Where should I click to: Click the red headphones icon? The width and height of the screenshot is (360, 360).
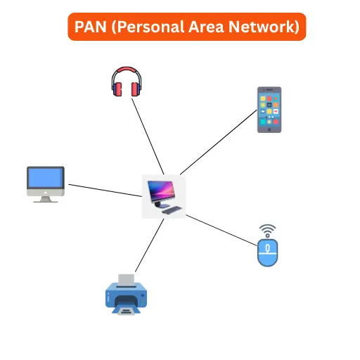click(127, 83)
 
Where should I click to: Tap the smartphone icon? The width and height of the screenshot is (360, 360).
click(269, 110)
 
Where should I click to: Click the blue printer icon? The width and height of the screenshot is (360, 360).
click(124, 296)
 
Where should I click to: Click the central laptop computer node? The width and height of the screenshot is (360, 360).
click(164, 196)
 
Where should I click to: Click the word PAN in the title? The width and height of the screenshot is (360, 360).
click(93, 27)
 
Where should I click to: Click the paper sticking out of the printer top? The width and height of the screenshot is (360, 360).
click(127, 280)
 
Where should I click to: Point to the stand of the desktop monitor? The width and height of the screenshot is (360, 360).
click(46, 199)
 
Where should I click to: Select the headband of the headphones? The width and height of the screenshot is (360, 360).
click(127, 72)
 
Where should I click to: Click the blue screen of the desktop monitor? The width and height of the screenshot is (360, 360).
click(46, 179)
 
